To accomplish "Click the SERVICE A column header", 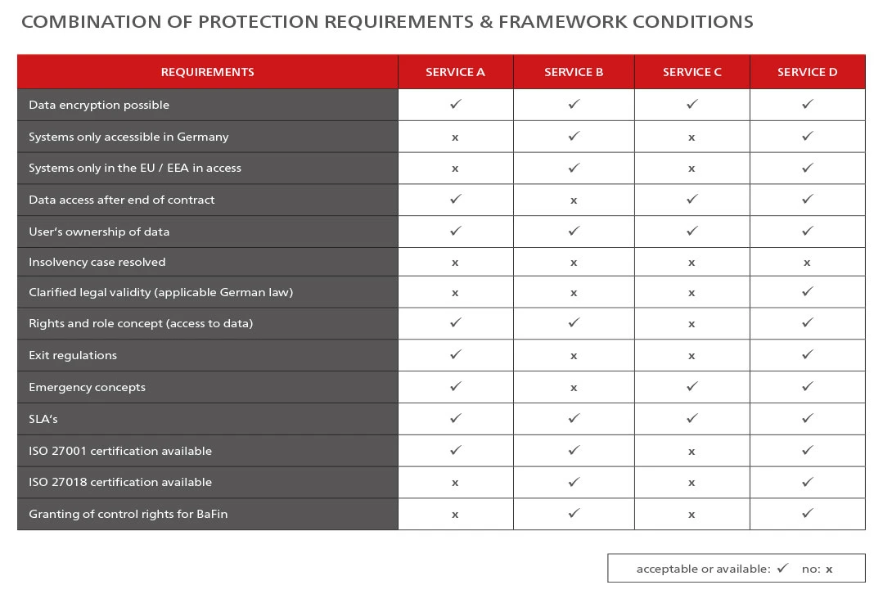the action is click(x=455, y=72).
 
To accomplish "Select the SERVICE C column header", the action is click(x=692, y=72).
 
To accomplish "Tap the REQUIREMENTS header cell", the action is click(x=208, y=72).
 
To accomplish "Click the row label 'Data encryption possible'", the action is click(x=99, y=105).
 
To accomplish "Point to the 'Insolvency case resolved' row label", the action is click(x=97, y=263).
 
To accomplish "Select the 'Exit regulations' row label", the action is click(x=73, y=356).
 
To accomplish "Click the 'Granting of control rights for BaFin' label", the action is click(x=128, y=515).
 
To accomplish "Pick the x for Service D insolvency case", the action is click(x=807, y=263).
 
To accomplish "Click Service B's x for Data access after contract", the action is click(x=574, y=200).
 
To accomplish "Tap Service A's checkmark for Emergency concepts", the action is click(x=456, y=386).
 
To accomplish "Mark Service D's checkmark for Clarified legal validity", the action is click(x=807, y=291).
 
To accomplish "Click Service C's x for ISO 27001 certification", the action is click(x=692, y=452).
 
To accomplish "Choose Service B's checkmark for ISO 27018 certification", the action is click(x=574, y=481).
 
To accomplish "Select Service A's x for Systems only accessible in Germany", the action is click(x=454, y=137).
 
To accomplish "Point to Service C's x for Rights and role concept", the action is click(x=692, y=324).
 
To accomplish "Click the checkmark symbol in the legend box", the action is click(x=783, y=568).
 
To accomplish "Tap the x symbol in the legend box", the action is click(x=829, y=569).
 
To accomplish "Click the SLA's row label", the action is click(x=43, y=419).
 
